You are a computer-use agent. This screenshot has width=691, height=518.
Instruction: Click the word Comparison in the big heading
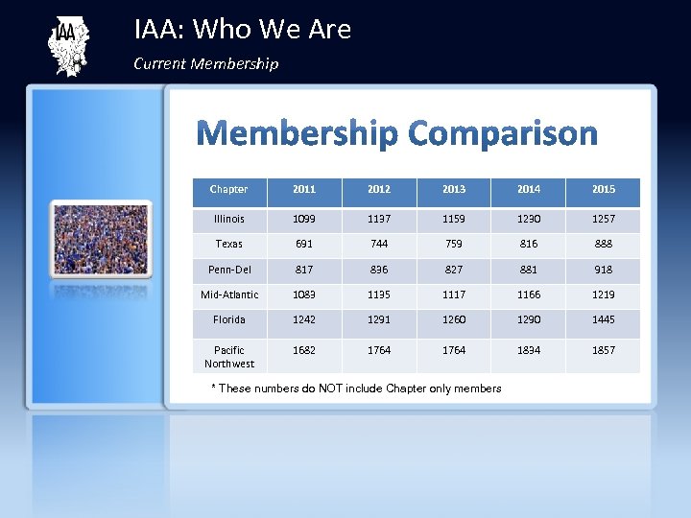tap(502, 134)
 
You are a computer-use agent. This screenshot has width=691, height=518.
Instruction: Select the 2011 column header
tap(303, 190)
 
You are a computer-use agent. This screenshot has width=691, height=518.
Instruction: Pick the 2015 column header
tap(604, 190)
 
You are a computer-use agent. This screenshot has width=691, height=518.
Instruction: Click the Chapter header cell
tap(228, 190)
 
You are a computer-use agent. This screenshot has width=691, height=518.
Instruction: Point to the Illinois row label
tap(228, 220)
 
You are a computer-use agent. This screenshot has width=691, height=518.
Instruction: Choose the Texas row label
tap(228, 245)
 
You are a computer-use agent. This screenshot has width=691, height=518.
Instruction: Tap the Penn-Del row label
tap(228, 270)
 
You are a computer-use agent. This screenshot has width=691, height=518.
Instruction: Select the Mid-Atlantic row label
tap(228, 294)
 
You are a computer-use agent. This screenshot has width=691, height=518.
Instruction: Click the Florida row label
tap(228, 319)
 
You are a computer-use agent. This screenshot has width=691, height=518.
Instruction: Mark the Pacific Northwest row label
tap(228, 357)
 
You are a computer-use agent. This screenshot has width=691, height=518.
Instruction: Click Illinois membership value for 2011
tap(303, 220)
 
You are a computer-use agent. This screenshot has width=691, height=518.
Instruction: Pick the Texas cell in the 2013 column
tap(454, 245)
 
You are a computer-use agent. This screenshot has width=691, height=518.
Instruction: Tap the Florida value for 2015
tap(604, 319)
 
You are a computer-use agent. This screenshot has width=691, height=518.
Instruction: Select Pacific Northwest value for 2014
tap(529, 350)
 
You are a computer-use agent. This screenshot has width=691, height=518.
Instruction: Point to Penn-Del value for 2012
tap(379, 270)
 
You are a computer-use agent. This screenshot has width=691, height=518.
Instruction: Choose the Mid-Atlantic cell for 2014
tap(529, 294)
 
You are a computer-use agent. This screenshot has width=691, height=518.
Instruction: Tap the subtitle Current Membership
tap(206, 64)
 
